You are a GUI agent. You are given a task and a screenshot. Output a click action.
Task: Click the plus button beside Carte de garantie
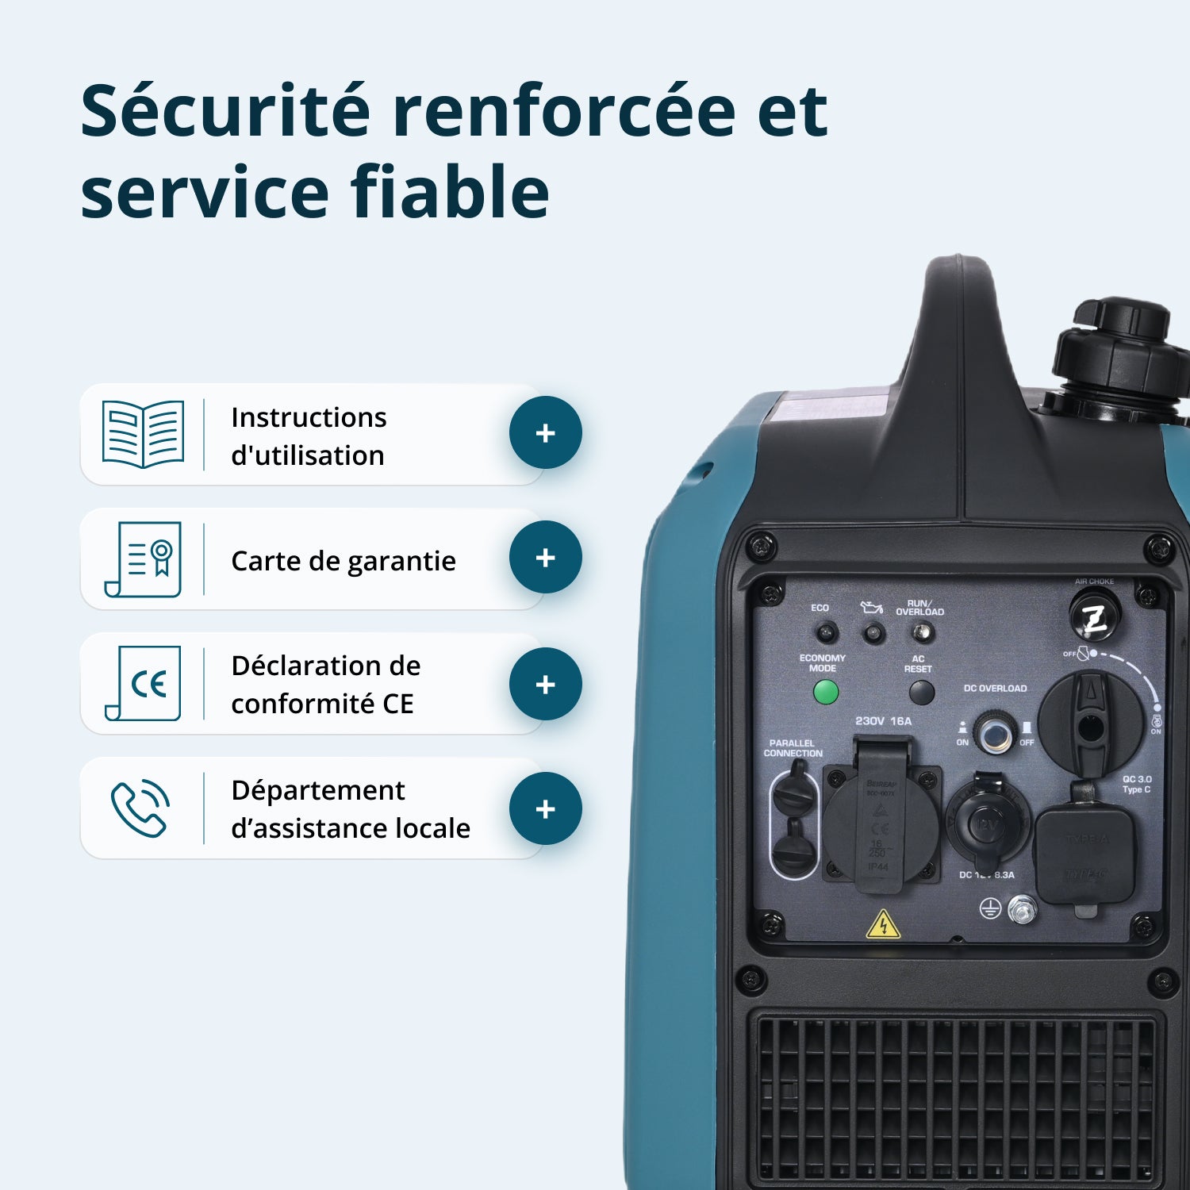[545, 558]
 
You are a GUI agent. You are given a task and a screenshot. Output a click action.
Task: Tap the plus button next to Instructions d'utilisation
[545, 433]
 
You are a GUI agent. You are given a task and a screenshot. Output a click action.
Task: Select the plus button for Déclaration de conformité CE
[545, 685]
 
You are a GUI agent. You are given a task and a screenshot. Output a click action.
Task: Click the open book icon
[143, 434]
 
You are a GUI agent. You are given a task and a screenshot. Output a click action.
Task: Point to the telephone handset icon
[140, 809]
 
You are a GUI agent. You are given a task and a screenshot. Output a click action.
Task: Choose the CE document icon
[144, 683]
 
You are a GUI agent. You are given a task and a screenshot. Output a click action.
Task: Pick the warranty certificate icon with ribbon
[144, 559]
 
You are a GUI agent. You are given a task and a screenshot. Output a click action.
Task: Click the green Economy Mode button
[826, 693]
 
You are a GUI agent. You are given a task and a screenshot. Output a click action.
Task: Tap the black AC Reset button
[921, 693]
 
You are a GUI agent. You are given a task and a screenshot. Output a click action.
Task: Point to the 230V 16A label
[883, 721]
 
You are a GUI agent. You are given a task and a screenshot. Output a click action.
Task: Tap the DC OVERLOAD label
[995, 689]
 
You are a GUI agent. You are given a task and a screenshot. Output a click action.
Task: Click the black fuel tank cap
[1119, 349]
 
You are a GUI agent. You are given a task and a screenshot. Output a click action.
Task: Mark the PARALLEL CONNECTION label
[793, 748]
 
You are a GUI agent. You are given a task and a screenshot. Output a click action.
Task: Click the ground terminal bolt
[1022, 909]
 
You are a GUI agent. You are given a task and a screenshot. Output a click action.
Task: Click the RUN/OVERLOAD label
[919, 608]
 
